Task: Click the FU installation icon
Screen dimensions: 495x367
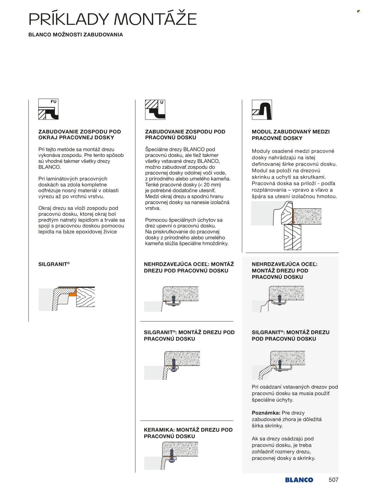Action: [x=48, y=109]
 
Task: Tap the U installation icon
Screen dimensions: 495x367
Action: [x=155, y=110]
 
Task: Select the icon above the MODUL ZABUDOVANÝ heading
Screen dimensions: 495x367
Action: [x=262, y=110]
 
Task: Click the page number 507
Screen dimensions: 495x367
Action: [x=334, y=480]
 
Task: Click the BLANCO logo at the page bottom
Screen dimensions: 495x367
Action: [x=299, y=480]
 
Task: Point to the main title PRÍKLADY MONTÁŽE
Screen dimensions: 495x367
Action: [x=112, y=19]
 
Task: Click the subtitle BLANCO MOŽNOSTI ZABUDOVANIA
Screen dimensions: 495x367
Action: [x=75, y=35]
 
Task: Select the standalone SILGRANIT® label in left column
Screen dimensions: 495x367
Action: [x=54, y=264]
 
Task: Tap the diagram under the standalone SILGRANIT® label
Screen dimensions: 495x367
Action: [x=67, y=299]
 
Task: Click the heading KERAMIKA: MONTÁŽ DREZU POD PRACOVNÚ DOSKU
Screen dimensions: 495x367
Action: [x=188, y=433]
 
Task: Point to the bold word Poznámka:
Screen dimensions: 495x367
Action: [x=266, y=413]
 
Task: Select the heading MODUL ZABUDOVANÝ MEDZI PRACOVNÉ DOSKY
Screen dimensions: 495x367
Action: [x=291, y=135]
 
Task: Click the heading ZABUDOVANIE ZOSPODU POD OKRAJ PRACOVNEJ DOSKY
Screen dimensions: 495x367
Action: [x=80, y=135]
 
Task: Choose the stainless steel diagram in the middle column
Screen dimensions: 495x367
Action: [x=171, y=299]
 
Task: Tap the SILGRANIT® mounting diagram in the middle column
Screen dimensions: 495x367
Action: [x=172, y=365]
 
